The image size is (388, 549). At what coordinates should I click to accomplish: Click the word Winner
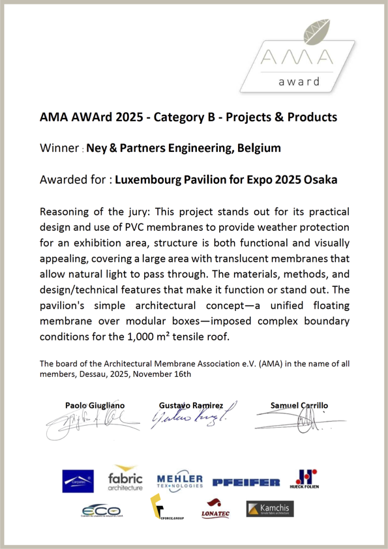point(59,148)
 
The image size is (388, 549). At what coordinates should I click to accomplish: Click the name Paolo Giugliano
point(95,406)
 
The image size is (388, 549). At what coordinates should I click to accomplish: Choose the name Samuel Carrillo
point(299,406)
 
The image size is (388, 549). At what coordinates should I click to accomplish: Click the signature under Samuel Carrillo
point(297,427)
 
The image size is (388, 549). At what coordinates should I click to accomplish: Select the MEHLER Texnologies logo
point(181,481)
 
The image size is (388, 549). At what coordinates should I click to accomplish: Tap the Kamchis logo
point(271,509)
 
